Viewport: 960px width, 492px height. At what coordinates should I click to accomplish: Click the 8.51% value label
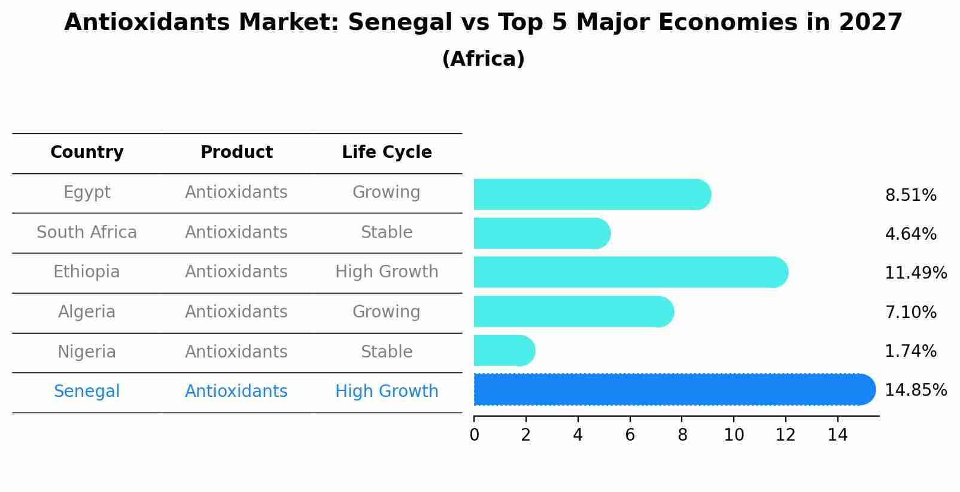coord(910,195)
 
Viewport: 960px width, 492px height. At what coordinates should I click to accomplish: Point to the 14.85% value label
coord(915,390)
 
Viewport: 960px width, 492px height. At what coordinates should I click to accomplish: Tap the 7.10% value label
coord(910,312)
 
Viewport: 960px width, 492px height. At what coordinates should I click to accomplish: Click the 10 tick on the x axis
coord(734,435)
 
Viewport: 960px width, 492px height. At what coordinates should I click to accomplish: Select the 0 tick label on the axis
coord(475,435)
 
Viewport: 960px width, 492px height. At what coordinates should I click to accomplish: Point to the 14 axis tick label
coord(837,435)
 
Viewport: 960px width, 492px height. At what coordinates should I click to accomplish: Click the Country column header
coord(87,152)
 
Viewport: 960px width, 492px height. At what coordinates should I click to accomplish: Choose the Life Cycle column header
coord(387,152)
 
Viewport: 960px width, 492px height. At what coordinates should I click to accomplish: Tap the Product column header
coord(236,152)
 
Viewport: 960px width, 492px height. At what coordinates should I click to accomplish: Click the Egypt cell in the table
coord(87,192)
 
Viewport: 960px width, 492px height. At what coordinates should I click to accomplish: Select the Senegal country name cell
coord(87,392)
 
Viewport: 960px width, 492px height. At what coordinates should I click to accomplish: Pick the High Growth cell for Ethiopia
coord(387,272)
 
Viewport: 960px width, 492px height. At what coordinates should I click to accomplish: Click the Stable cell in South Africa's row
coord(387,233)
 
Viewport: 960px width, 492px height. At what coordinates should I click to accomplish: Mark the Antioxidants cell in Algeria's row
coord(236,312)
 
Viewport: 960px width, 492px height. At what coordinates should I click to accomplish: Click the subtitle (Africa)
coord(483,59)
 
